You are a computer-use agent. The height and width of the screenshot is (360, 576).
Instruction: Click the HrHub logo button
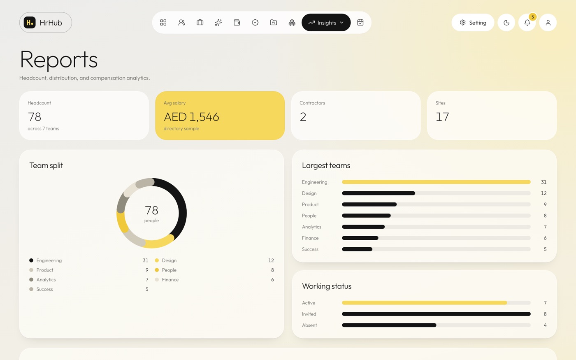[46, 23]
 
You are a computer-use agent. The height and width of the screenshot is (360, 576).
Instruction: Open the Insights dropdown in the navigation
[326, 23]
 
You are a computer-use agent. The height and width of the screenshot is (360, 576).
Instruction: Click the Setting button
[473, 23]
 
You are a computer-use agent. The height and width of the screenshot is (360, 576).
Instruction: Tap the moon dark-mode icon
[506, 23]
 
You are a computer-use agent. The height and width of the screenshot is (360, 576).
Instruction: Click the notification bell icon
[527, 23]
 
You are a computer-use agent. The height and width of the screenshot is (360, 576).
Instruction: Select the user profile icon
[548, 23]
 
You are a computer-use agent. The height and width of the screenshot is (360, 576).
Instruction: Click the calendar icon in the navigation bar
[360, 22]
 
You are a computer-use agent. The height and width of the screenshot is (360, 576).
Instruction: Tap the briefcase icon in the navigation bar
[200, 22]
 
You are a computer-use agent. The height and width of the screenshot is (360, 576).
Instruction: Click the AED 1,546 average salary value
[192, 117]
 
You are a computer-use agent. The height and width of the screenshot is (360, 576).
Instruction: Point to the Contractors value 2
[303, 117]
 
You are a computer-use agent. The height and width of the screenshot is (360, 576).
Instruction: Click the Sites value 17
[442, 117]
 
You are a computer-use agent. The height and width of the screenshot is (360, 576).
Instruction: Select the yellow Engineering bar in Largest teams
[436, 182]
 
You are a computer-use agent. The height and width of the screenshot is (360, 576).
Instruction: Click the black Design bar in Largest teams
[379, 193]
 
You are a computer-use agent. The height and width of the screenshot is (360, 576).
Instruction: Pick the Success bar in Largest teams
[357, 249]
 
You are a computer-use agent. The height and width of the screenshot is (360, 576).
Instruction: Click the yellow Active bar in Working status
[425, 303]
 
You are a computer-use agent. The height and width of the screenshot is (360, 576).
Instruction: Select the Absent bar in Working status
[389, 325]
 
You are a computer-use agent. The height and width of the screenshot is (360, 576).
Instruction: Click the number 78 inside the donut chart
[151, 210]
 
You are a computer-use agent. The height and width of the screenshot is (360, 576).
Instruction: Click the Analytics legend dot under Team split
[31, 279]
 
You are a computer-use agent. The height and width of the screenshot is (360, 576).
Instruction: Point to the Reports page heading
[59, 60]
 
